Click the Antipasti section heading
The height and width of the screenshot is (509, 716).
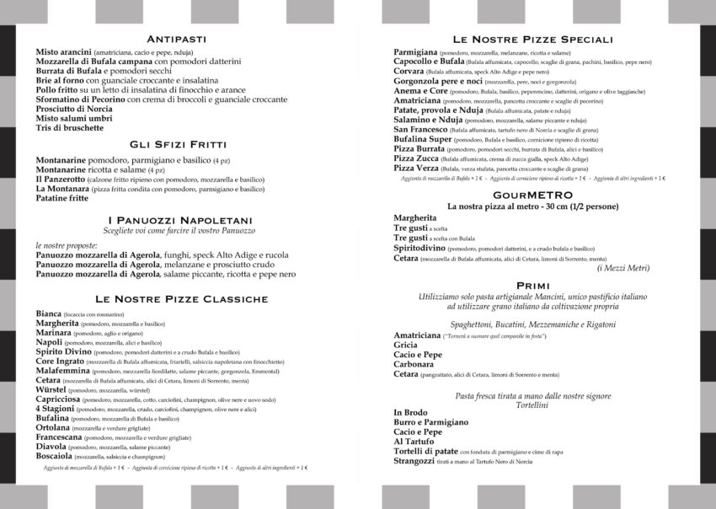(x=176, y=39)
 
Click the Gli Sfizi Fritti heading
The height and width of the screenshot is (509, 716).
(x=176, y=144)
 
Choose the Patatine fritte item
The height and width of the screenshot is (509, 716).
(x=61, y=198)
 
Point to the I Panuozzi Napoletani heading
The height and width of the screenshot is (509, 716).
(x=176, y=220)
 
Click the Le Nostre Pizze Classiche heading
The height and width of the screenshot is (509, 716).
(x=181, y=298)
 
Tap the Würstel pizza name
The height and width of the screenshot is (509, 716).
(x=51, y=389)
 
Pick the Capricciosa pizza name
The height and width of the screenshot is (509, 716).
(x=58, y=399)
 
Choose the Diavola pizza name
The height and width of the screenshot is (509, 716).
(x=52, y=446)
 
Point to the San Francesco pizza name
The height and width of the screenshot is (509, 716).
(x=420, y=129)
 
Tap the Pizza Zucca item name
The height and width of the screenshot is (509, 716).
(x=415, y=158)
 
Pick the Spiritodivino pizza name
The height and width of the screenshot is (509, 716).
(x=419, y=248)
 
